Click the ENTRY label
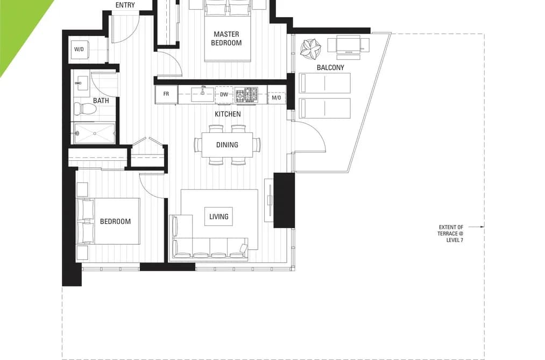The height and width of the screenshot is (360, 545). click(x=125, y=5)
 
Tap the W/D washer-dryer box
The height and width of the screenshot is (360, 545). click(x=79, y=50)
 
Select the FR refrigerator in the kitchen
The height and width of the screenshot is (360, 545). click(x=166, y=94)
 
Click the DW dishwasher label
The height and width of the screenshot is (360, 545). click(x=224, y=95)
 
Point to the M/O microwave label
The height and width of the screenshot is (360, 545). click(x=277, y=97)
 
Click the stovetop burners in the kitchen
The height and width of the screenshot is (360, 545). click(x=247, y=95)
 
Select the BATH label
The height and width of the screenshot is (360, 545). click(x=101, y=101)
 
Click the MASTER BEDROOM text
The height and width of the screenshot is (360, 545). click(x=227, y=39)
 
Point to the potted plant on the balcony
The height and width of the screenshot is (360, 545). click(x=310, y=48)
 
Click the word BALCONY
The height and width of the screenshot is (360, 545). click(x=330, y=67)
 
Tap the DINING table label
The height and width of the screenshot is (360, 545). click(x=228, y=145)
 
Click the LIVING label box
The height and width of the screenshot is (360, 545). click(x=218, y=216)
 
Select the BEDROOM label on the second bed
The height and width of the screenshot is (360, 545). click(x=115, y=221)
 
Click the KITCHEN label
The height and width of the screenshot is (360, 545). click(x=228, y=114)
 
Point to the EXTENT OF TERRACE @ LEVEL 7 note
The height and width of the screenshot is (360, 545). click(x=450, y=234)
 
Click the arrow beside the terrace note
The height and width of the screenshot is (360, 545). click(x=476, y=227)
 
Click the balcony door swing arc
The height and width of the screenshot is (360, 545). click(x=317, y=132)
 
